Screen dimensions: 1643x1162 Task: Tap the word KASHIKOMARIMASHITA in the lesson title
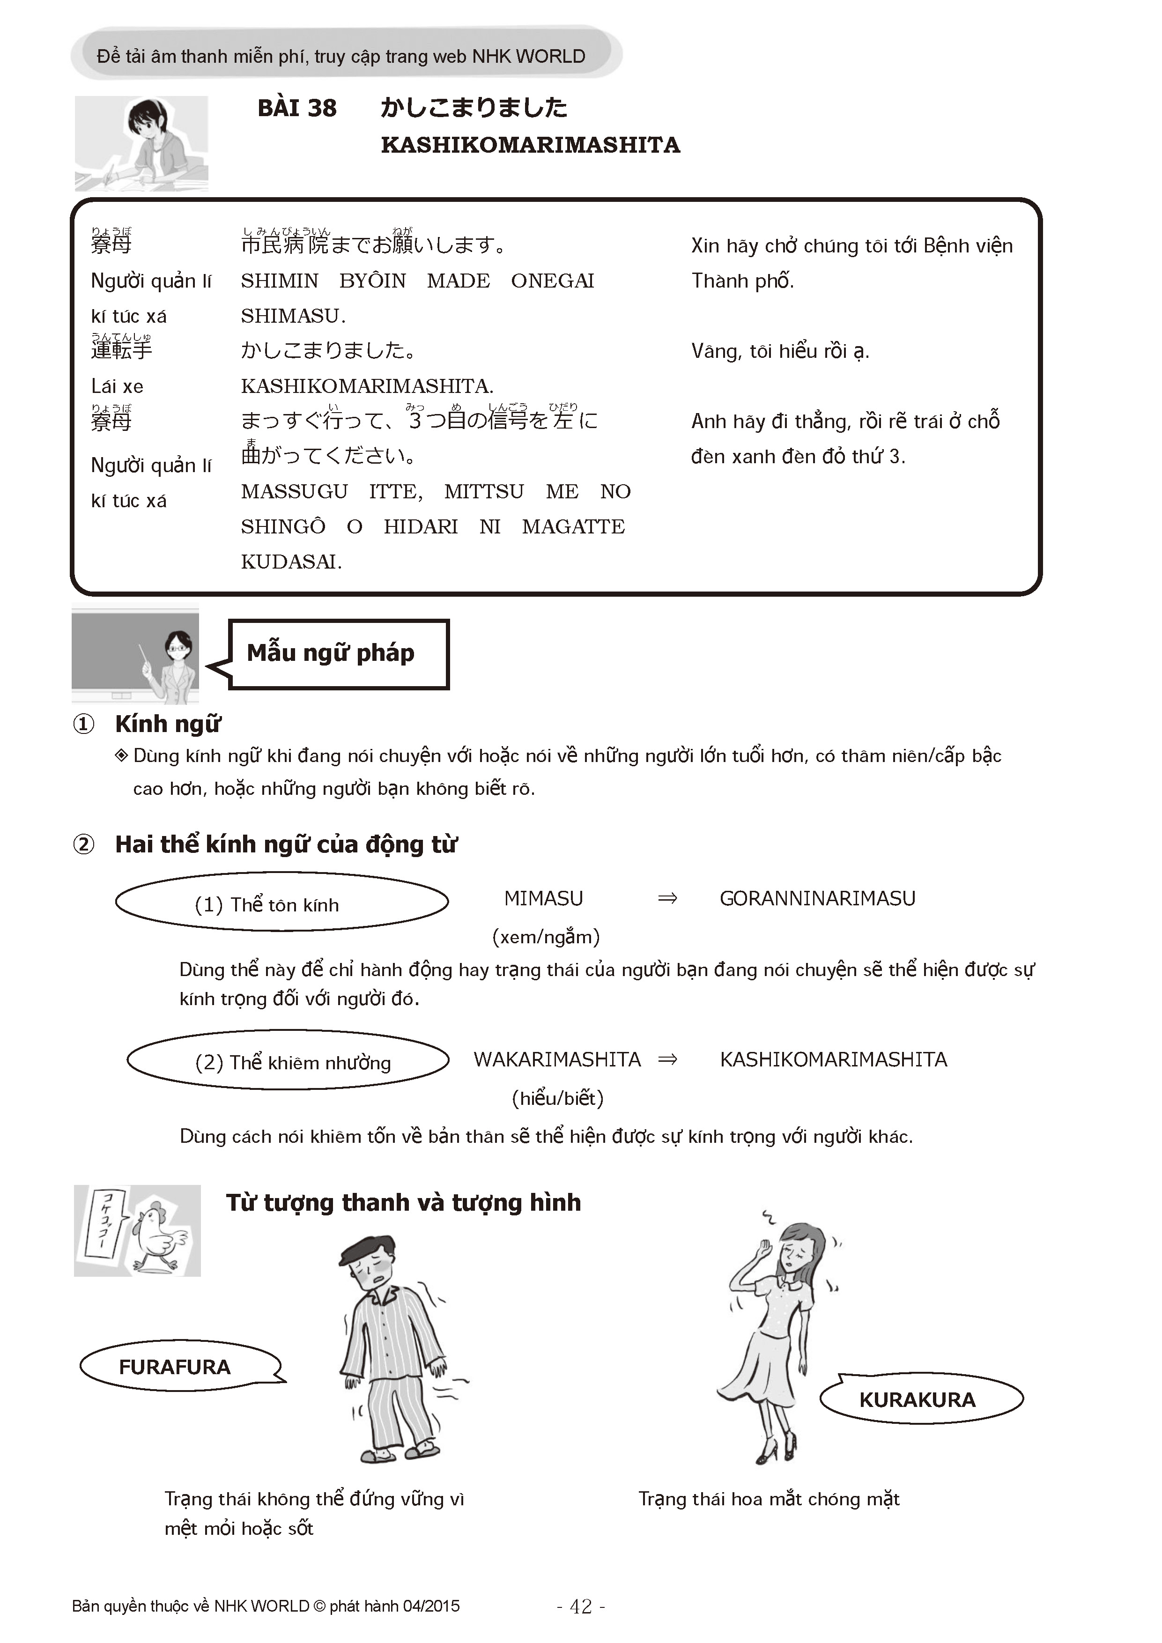point(530,145)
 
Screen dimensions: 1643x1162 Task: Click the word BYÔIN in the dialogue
point(372,281)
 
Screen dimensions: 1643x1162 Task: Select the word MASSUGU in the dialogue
point(294,492)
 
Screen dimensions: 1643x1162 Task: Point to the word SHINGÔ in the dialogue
point(282,527)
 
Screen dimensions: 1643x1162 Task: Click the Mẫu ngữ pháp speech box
point(338,653)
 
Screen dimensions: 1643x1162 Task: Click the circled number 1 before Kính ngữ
point(84,724)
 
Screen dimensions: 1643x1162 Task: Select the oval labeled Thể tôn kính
point(282,903)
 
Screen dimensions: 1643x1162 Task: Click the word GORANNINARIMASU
point(817,899)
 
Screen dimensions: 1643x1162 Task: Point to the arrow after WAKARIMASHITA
point(667,1060)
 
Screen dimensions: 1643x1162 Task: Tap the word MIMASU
point(543,899)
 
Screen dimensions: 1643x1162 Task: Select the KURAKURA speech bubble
point(918,1400)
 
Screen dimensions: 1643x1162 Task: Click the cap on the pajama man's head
point(365,1247)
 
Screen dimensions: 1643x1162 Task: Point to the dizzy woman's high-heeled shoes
point(777,1450)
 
